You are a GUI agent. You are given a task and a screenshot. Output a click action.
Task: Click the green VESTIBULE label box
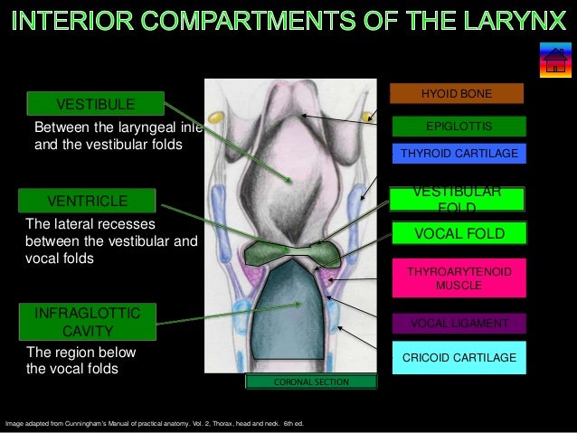click(96, 103)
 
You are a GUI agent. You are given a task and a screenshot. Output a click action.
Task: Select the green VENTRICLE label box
click(88, 200)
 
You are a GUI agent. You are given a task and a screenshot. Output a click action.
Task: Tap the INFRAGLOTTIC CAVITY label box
click(88, 322)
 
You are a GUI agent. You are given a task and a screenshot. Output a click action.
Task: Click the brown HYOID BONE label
click(457, 93)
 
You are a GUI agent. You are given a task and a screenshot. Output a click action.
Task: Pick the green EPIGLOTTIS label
click(458, 126)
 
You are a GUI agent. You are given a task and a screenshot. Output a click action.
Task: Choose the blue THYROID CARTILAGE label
click(459, 154)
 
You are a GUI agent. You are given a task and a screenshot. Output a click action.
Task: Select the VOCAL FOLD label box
click(459, 233)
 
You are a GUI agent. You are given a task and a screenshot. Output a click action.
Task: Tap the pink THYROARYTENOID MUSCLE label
click(459, 278)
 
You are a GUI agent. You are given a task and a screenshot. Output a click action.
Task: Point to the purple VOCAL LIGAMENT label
click(459, 324)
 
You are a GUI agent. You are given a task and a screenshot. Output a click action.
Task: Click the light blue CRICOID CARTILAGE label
click(459, 359)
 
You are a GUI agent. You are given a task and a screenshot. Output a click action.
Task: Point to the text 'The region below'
click(81, 353)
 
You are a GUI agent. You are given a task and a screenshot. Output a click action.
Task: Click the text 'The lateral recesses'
click(90, 223)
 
